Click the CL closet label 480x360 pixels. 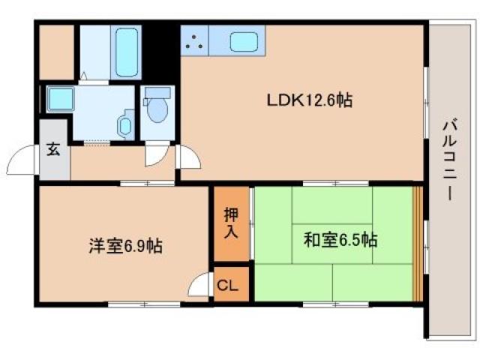(229, 285)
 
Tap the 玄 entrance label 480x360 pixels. (54, 149)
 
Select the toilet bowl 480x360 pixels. (157, 108)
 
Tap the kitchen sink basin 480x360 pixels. (245, 42)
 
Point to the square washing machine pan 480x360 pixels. (58, 98)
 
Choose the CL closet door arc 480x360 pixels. (201, 287)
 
